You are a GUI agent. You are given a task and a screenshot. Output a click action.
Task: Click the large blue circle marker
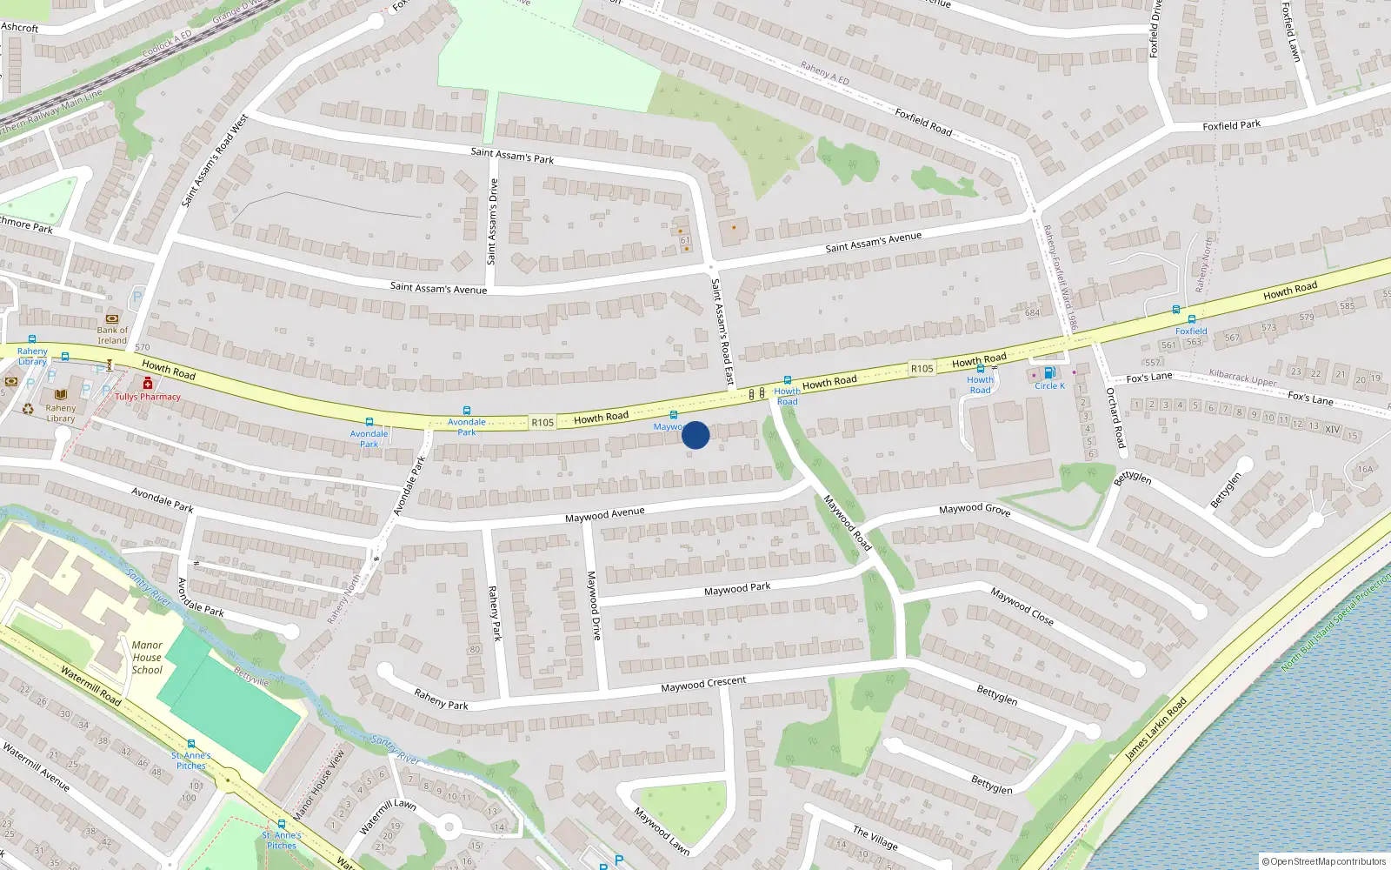click(695, 435)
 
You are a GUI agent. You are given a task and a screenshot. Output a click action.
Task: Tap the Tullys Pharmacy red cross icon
click(148, 384)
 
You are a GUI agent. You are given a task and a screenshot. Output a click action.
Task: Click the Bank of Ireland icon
click(112, 319)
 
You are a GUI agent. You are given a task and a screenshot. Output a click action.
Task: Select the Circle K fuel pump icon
click(1049, 373)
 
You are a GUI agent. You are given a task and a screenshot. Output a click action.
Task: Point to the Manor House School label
click(147, 658)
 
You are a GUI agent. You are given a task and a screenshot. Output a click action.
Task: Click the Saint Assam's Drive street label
click(493, 222)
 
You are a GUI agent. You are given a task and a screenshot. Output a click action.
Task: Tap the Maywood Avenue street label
click(605, 515)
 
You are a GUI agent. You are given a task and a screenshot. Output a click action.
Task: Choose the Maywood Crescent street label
click(703, 684)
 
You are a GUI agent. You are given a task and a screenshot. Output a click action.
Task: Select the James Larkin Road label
click(1155, 730)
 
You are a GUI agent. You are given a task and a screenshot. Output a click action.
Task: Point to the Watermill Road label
click(90, 686)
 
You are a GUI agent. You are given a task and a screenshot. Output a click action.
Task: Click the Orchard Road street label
click(1115, 418)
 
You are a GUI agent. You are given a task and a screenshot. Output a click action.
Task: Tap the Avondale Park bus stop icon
click(369, 422)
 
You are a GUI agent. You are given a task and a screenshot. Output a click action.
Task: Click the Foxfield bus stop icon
click(1191, 319)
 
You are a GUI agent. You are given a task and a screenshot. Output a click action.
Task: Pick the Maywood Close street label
click(1022, 606)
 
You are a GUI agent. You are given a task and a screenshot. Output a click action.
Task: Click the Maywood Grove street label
click(975, 509)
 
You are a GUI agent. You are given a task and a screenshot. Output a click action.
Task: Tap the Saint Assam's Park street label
click(512, 156)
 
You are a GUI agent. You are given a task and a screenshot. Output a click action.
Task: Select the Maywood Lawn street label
click(662, 832)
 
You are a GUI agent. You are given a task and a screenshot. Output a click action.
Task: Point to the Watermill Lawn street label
click(388, 816)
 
